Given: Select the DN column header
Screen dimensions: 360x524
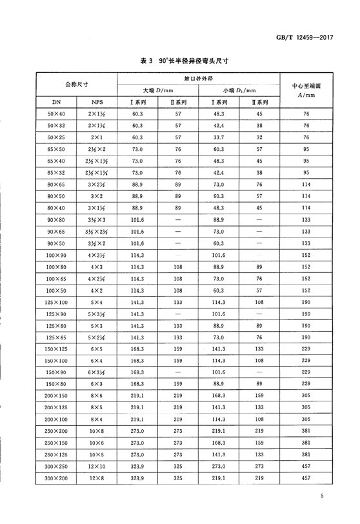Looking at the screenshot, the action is (x=56, y=102).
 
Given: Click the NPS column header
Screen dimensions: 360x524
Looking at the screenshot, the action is (x=97, y=102).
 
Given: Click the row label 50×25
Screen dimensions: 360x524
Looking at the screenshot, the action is (x=56, y=137).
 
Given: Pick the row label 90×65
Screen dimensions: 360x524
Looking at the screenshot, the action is (x=56, y=230).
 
